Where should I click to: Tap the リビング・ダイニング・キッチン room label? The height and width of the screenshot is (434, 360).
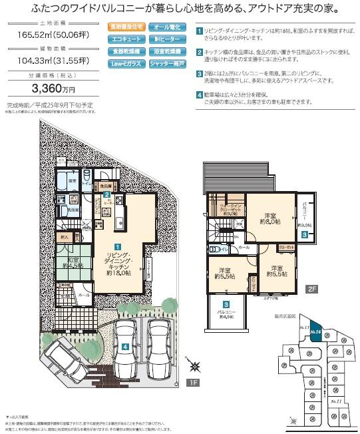pyautogui.click(x=120, y=260)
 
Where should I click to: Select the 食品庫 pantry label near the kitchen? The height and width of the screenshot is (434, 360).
pyautogui.click(x=104, y=187)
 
